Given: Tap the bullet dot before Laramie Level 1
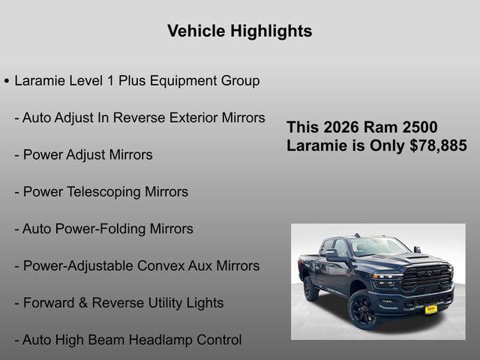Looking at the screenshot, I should tap(7, 80).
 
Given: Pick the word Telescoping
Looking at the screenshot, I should tap(105, 192).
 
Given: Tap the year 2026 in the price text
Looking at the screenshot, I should tap(343, 127).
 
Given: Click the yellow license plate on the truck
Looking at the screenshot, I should tap(431, 308).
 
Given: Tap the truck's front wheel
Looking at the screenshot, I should tap(364, 310).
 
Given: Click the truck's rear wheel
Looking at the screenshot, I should tap(310, 289).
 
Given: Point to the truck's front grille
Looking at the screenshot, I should tap(427, 277).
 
